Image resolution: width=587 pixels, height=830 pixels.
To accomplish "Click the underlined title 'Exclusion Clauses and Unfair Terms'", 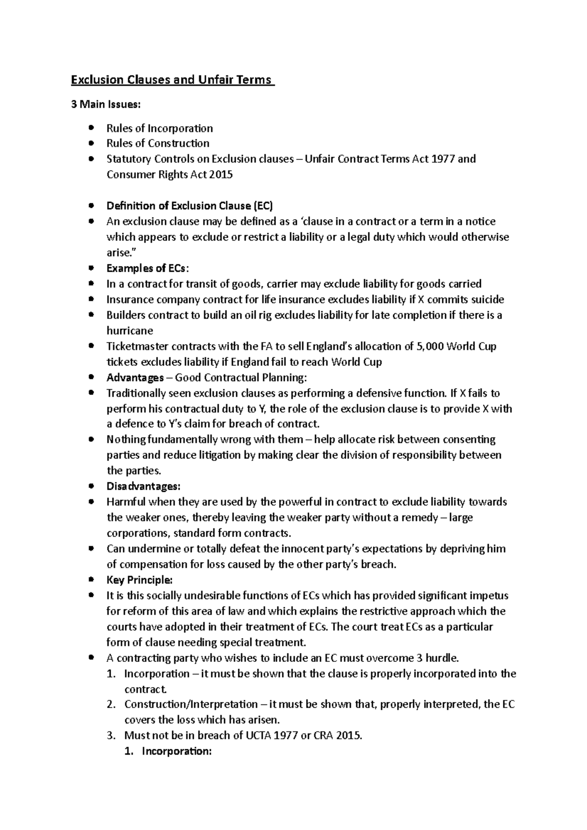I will pos(172,80).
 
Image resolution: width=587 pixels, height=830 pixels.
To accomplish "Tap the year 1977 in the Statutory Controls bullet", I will pos(443,159).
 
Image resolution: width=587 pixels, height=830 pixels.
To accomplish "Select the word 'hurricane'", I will pos(130,331).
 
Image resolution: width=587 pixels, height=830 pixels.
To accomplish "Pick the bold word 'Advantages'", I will pos(135,378).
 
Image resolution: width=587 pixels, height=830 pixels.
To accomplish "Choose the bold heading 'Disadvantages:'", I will pos(143,487).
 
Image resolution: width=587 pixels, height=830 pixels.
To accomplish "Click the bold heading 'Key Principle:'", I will pos(139,580).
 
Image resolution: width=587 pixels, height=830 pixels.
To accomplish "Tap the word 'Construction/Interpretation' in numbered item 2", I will pos(191,704).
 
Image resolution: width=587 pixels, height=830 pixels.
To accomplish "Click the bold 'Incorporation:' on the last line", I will pos(176,751).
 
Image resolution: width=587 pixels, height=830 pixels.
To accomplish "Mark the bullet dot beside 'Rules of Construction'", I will pos(90,143).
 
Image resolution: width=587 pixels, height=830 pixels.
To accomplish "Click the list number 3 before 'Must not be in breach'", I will pos(111,736).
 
